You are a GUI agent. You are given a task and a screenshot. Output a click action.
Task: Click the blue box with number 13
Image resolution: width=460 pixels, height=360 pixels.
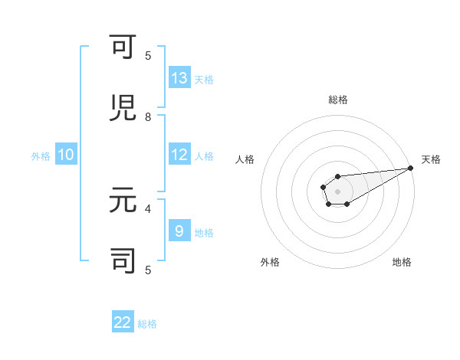pos(179,78)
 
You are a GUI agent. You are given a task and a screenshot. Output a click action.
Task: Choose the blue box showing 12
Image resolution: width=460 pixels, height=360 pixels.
pos(179,155)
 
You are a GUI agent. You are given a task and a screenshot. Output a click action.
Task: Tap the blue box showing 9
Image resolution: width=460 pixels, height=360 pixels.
pos(179,231)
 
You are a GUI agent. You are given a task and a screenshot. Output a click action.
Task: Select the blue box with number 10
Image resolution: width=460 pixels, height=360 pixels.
pos(66,155)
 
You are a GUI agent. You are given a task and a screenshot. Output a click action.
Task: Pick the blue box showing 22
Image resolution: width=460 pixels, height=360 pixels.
pos(123,322)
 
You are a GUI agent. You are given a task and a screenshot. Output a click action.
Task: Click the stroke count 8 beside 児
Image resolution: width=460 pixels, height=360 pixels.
pos(148,117)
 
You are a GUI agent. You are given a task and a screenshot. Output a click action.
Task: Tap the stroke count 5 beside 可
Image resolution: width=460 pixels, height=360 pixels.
pos(148,56)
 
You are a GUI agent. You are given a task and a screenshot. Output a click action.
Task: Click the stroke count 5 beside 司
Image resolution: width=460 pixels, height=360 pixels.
pos(148,269)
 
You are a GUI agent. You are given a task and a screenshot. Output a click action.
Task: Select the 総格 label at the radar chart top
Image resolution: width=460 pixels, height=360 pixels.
pos(337,100)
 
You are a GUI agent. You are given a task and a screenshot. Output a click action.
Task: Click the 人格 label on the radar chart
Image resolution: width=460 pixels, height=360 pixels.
pos(245,159)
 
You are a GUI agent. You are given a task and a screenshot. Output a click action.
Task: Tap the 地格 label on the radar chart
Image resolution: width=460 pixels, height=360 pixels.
pos(402,262)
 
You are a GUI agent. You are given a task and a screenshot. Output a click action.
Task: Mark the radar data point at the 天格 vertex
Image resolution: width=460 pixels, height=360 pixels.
pos(410,168)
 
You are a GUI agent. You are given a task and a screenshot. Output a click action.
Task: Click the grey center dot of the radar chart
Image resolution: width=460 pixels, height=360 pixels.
pos(337,191)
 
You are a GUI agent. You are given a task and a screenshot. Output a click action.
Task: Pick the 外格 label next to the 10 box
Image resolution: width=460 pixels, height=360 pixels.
pos(41,156)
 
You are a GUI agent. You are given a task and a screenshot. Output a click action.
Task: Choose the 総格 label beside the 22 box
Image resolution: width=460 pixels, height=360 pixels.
pos(147,324)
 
